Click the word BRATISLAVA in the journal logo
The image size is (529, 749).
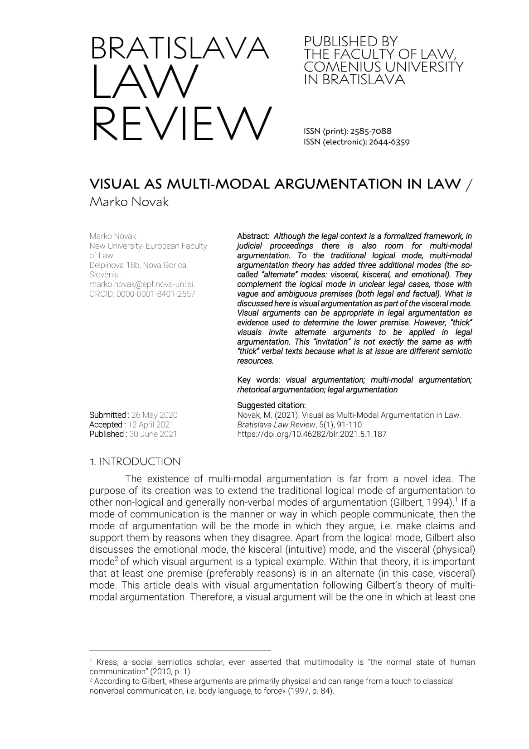pos(180,48)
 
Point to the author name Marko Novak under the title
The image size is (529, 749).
pos(129,202)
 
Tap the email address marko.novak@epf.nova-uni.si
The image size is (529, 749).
pos(142,284)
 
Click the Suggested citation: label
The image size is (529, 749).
pos(271,405)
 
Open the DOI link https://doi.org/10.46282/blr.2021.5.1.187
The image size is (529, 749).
pos(311,434)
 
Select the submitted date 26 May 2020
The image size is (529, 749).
pos(154,415)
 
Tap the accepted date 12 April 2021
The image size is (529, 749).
pos(150,425)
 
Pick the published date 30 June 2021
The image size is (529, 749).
pos(153,434)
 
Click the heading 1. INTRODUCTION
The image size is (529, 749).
pos(135,462)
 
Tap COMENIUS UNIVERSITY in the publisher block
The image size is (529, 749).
pos(383,67)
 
